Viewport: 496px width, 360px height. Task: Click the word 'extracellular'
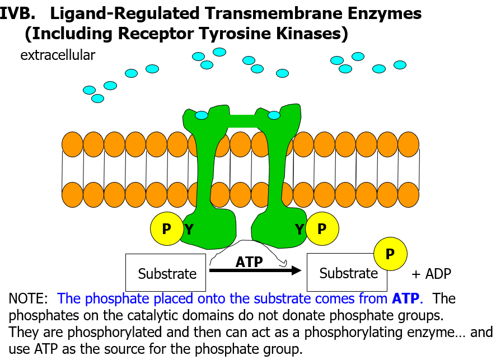click(58, 55)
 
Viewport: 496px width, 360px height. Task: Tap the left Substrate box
click(166, 272)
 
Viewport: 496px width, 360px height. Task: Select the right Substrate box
click(348, 272)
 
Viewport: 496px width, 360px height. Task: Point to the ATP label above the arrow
click(249, 261)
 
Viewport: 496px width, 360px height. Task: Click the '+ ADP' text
click(431, 274)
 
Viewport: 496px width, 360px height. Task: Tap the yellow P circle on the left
click(166, 229)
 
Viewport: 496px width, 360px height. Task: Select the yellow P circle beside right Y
click(321, 229)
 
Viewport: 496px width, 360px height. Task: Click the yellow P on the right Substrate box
click(390, 254)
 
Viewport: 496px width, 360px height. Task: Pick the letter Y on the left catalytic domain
click(189, 229)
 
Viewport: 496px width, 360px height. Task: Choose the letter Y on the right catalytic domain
click(300, 229)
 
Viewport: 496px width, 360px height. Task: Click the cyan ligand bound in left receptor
click(202, 115)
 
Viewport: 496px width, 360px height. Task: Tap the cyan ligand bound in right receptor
click(274, 115)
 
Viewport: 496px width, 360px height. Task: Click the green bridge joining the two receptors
click(241, 120)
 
